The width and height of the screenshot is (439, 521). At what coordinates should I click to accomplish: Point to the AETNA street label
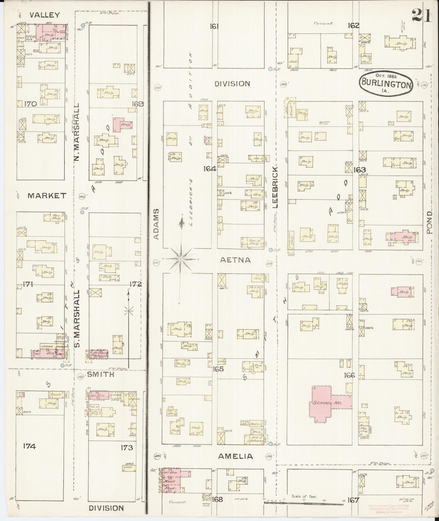click(235, 260)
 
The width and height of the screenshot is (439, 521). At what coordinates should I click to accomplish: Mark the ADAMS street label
click(156, 224)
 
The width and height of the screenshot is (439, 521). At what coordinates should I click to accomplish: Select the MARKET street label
click(47, 195)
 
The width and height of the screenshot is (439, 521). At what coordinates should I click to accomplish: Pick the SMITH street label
click(100, 374)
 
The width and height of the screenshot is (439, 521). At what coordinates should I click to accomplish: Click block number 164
click(210, 169)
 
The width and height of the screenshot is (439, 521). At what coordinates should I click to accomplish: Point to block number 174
click(29, 446)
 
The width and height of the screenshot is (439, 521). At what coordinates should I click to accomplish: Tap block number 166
click(349, 375)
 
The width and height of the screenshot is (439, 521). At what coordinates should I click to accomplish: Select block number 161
click(214, 26)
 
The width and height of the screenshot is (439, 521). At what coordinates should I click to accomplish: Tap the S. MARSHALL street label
click(77, 318)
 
